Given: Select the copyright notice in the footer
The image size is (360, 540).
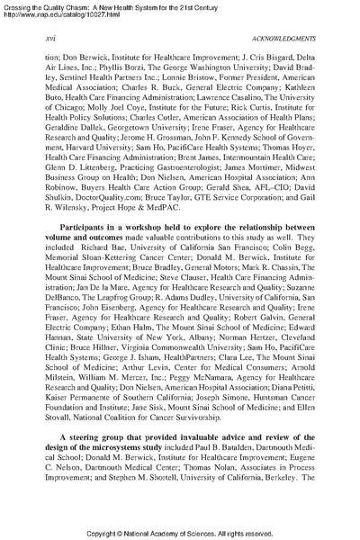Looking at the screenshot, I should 180,531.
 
